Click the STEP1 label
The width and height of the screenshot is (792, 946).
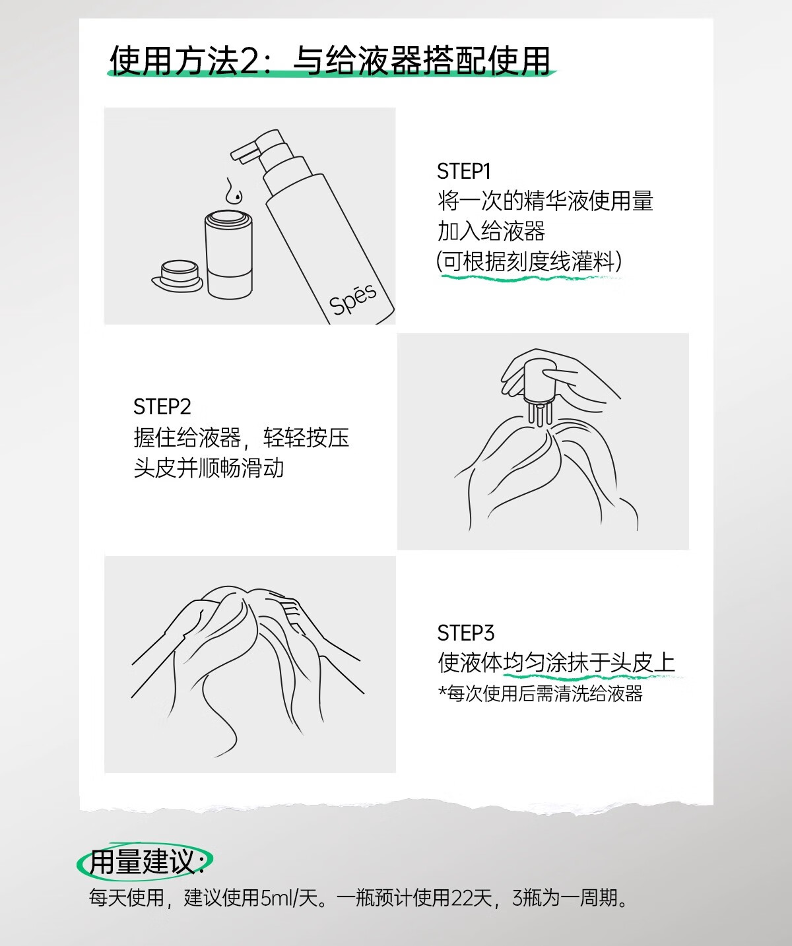pos(464,172)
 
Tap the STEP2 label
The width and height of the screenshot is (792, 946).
pos(162,406)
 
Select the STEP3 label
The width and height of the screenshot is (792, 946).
pos(465,633)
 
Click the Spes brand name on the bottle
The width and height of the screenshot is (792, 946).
pos(353,299)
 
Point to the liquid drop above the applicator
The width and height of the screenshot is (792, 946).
pos(234,190)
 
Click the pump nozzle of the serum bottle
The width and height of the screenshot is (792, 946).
pos(247,150)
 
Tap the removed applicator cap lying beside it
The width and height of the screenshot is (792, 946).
pos(178,276)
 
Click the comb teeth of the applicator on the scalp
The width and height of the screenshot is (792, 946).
pos(539,413)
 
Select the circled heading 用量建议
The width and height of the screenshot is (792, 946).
pos(145,861)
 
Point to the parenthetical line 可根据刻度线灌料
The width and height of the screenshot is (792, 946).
pos(529,261)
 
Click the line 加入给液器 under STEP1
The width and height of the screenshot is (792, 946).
pos(491,231)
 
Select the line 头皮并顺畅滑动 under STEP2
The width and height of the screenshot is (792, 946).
pos(209,468)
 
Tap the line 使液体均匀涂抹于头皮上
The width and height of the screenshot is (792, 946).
pos(556,662)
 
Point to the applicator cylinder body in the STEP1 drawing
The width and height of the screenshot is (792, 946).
pos(228,255)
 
